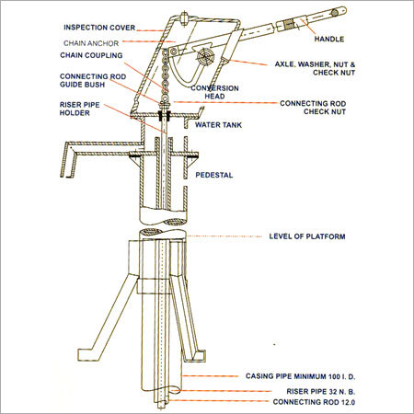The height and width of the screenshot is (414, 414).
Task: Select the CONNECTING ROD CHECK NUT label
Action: tap(315, 108)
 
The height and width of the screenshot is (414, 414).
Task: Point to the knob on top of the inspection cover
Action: tap(187, 14)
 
